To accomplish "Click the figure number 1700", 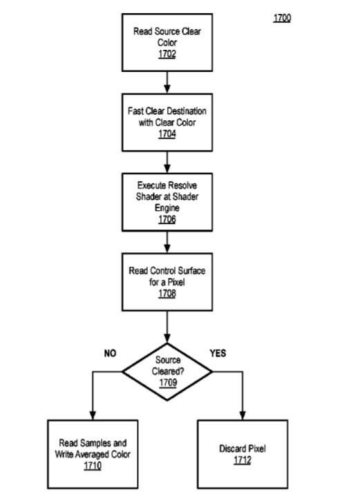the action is [x=282, y=18].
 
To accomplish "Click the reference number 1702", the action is [x=167, y=54].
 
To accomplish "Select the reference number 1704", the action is [x=167, y=134].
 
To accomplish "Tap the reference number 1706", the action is [x=167, y=219].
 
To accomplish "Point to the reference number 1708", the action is [x=167, y=294].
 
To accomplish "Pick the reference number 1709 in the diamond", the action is [x=168, y=382].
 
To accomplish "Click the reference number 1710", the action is [x=93, y=466].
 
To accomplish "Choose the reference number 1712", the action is [x=243, y=460].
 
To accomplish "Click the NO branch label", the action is [x=110, y=353].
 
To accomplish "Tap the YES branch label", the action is [x=218, y=353].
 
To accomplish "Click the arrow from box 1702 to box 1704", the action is [x=167, y=82].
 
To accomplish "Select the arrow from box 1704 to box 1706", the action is [x=167, y=162].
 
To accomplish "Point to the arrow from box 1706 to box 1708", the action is [x=167, y=242].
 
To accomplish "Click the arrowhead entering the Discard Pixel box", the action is [x=243, y=415].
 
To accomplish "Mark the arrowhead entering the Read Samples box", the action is [x=93, y=415].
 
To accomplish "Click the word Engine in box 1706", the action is [x=167, y=208].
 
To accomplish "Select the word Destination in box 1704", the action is [x=187, y=111].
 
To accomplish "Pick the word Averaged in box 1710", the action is [x=90, y=455].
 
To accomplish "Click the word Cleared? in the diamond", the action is [x=168, y=371].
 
